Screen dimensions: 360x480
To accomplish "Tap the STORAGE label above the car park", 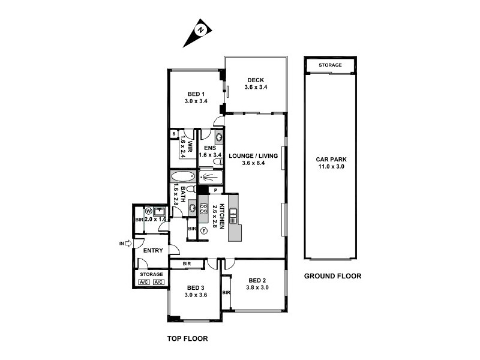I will [x=330, y=65].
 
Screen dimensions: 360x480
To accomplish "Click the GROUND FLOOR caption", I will [x=332, y=277].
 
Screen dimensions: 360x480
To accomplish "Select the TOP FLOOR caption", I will [x=187, y=338].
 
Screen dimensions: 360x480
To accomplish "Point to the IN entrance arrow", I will [x=125, y=243].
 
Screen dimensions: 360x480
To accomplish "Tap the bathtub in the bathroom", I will [x=183, y=177].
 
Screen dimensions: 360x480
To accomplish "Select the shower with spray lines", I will [x=210, y=178].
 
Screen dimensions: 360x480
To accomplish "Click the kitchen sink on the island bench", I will [x=233, y=215].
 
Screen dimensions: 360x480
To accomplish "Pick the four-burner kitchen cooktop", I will [x=203, y=209].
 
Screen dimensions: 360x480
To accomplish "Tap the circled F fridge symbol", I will [x=203, y=230].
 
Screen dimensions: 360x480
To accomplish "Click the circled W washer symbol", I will [x=148, y=211].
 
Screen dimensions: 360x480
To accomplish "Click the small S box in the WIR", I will [x=174, y=134].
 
